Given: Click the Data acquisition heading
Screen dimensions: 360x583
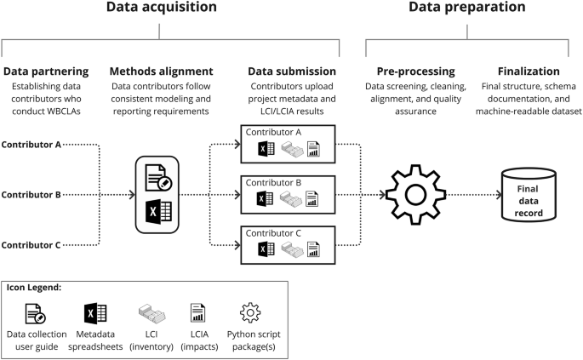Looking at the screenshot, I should tap(161, 9).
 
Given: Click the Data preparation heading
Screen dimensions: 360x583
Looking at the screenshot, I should tap(467, 9).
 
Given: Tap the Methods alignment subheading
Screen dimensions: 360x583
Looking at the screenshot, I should tap(162, 71).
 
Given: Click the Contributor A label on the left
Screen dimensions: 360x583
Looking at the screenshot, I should tap(31, 144).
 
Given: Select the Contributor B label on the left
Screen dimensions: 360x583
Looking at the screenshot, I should tap(31, 194).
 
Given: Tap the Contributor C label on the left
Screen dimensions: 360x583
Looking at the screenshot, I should tap(31, 245).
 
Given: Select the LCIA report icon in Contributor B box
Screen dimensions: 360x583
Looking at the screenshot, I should tap(313, 200).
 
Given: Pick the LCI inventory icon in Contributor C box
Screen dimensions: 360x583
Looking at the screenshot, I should tap(290, 249).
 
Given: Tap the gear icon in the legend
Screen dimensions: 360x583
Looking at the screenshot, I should tap(250, 311).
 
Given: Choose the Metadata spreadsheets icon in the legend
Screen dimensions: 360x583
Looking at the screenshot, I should tap(95, 311).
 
